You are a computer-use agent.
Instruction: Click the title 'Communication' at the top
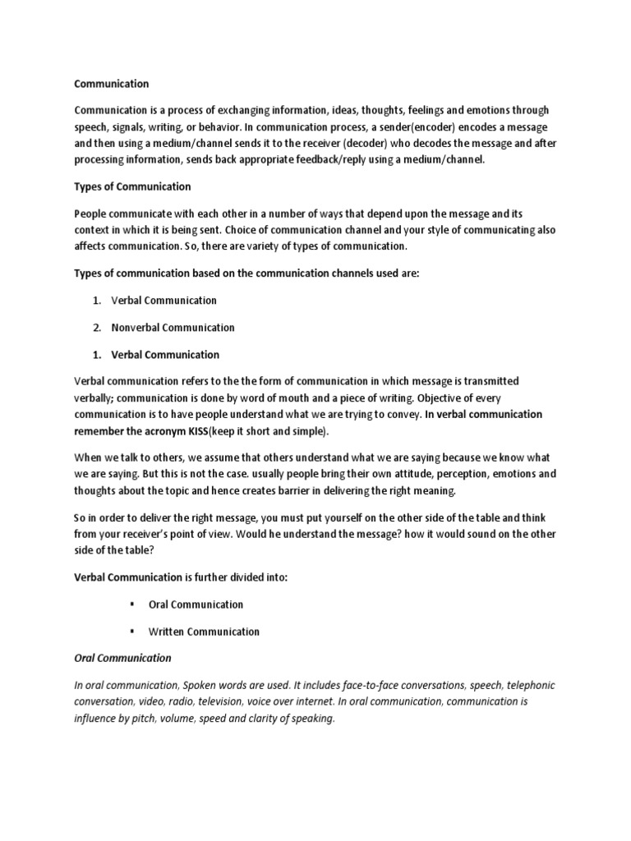[112, 83]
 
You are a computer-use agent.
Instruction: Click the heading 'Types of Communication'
[132, 186]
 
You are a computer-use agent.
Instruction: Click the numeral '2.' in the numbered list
[96, 328]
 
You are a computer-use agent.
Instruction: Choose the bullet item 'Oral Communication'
[196, 604]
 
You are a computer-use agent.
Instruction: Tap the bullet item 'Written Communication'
[204, 632]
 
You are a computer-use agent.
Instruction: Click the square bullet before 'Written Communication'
[131, 632]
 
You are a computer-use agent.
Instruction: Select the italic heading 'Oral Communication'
[122, 658]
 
